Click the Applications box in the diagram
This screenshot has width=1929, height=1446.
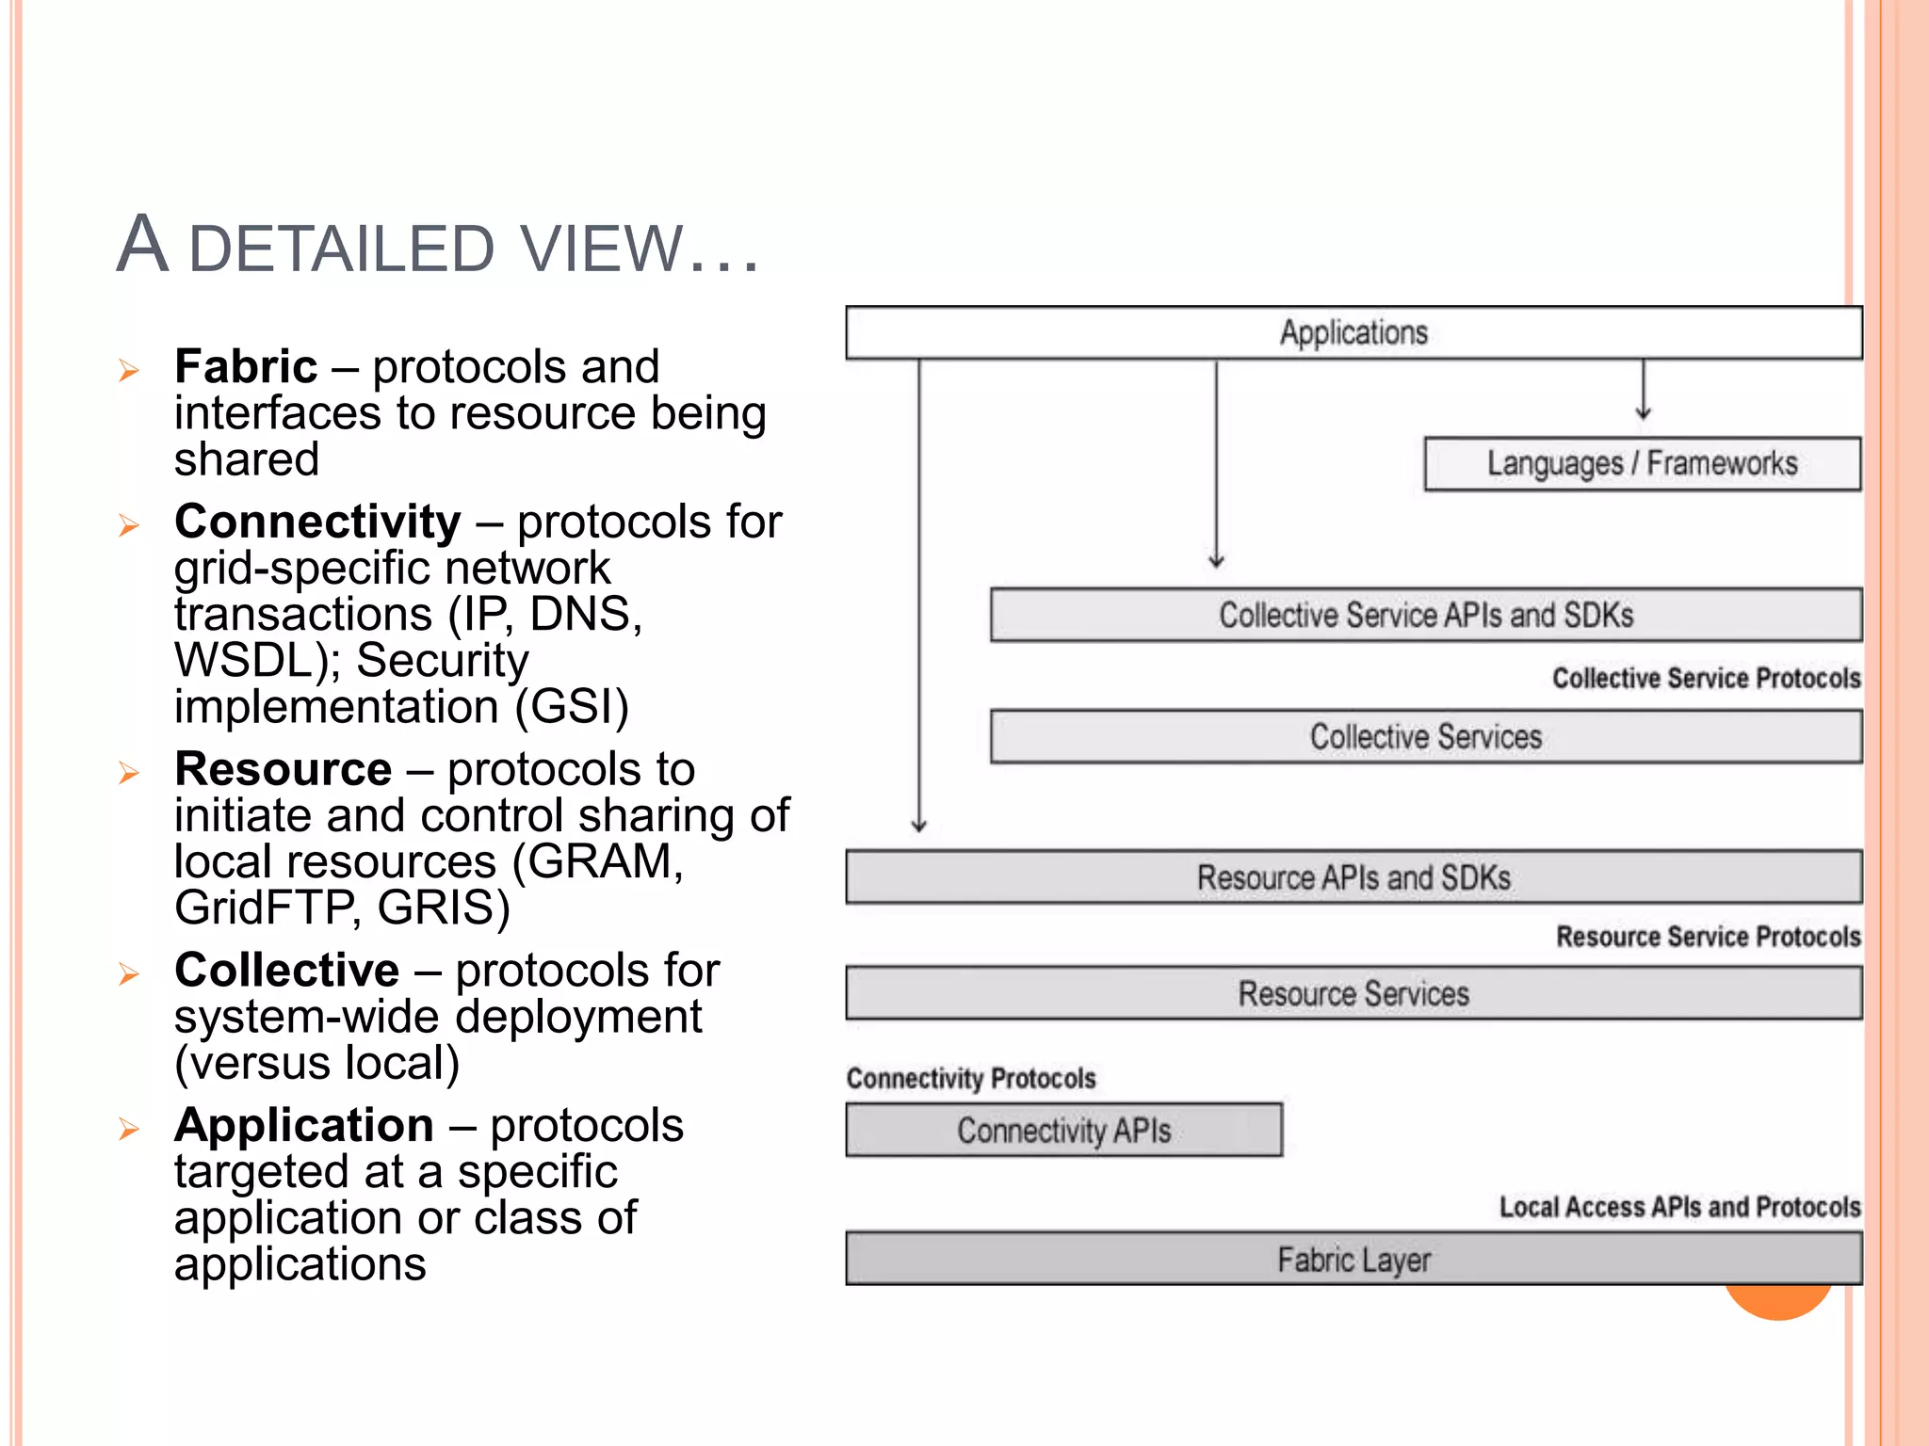click(x=1354, y=332)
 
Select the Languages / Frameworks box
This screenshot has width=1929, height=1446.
click(x=1642, y=463)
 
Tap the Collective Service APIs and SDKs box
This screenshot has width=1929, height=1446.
click(x=1425, y=615)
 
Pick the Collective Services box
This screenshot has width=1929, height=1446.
click(x=1425, y=736)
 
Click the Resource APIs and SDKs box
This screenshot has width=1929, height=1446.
click(x=1354, y=877)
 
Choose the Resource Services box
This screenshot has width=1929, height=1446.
click(x=1354, y=993)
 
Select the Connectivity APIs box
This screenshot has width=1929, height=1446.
click(x=1063, y=1130)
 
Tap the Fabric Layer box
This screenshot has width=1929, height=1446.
click(x=1354, y=1259)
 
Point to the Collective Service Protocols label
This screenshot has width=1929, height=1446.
click(x=1706, y=678)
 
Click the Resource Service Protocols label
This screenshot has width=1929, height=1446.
click(x=1708, y=937)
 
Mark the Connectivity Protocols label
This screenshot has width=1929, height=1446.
click(x=971, y=1078)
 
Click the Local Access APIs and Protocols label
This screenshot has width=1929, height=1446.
click(x=1679, y=1207)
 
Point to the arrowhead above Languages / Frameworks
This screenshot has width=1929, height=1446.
click(x=1644, y=412)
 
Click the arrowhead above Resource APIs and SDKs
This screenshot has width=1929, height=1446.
click(x=919, y=826)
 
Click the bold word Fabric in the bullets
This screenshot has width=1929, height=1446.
click(x=246, y=366)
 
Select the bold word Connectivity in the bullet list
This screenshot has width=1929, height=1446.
click(x=317, y=522)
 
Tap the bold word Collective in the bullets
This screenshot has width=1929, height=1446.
click(x=286, y=970)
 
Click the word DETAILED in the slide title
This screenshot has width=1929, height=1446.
click(x=342, y=249)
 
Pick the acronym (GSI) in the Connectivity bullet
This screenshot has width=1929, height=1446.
click(x=572, y=706)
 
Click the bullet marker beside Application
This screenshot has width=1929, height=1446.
click(x=129, y=1129)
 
